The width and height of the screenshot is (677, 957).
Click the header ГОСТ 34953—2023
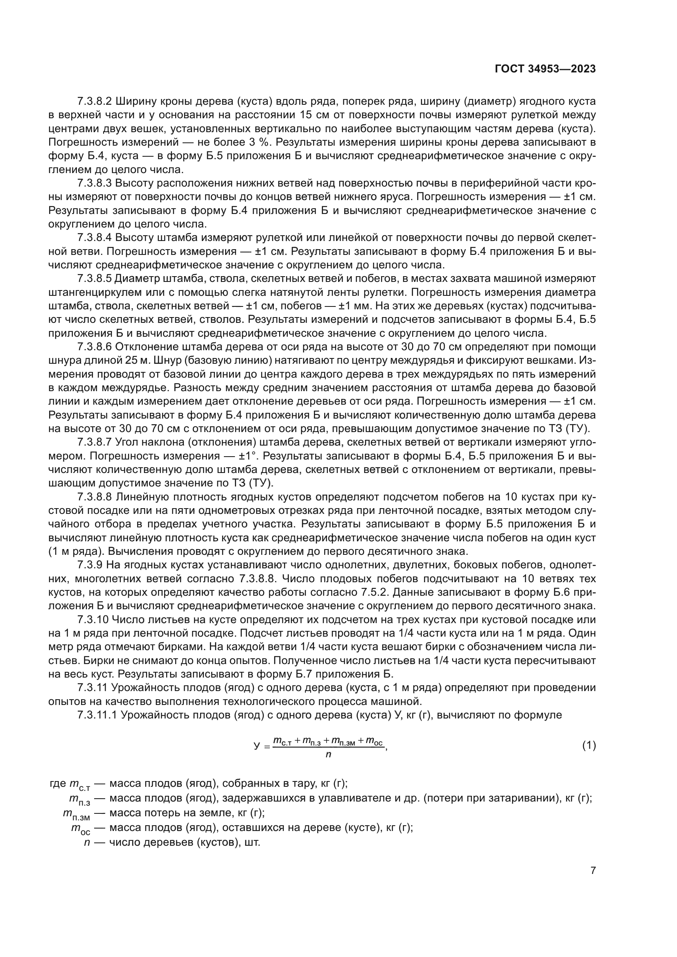(545, 69)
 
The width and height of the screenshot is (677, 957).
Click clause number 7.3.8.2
(95, 101)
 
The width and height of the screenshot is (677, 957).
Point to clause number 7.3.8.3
(95, 183)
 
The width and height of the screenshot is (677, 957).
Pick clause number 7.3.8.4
(95, 238)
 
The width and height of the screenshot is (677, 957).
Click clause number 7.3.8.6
(95, 347)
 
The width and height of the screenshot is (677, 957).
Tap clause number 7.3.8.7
(95, 442)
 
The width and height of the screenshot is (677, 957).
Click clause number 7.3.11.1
(97, 715)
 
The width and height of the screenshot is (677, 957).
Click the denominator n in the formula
(328, 754)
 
